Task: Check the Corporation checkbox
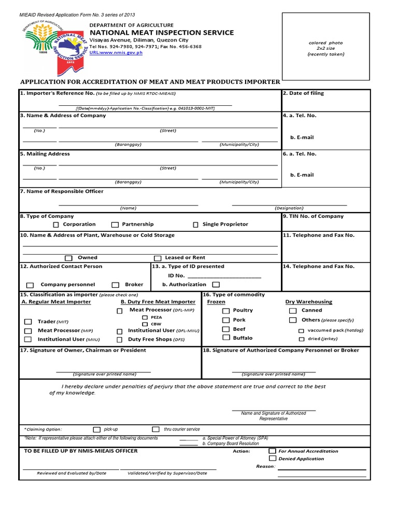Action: [x=56, y=225]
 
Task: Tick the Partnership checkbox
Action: [x=115, y=225]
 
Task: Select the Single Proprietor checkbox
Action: [x=195, y=225]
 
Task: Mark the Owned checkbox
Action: [x=68, y=258]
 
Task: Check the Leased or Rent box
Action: [x=158, y=258]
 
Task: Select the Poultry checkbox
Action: [x=226, y=311]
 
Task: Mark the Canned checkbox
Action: [x=292, y=311]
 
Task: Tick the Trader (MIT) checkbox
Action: [x=27, y=322]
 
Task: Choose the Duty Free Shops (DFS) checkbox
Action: [x=119, y=340]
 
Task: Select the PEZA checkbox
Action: [x=145, y=317]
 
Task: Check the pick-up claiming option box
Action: [x=96, y=429]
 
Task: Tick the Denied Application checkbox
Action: [x=272, y=458]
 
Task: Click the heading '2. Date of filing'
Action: [x=303, y=93]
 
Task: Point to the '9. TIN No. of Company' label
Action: [x=313, y=216]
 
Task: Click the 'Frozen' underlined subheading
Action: [x=216, y=302]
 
